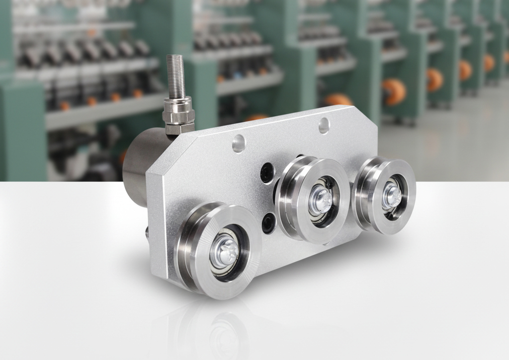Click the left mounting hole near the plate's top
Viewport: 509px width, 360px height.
click(x=239, y=144)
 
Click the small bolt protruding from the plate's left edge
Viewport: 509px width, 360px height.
click(x=146, y=231)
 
